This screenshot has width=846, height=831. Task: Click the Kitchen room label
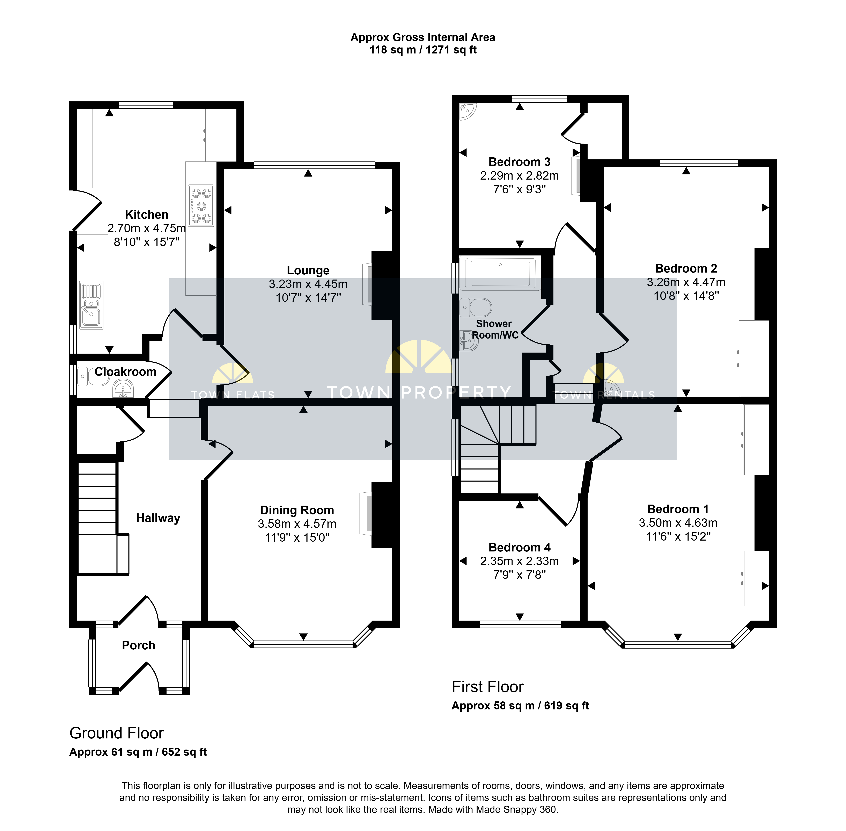(x=147, y=215)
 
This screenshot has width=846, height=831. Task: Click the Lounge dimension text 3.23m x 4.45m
(x=308, y=284)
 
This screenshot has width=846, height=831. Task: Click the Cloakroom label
(x=126, y=372)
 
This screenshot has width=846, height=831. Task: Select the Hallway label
(x=158, y=518)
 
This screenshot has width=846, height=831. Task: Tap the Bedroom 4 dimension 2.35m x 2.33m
(x=519, y=561)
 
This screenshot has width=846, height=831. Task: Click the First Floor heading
(x=487, y=687)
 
